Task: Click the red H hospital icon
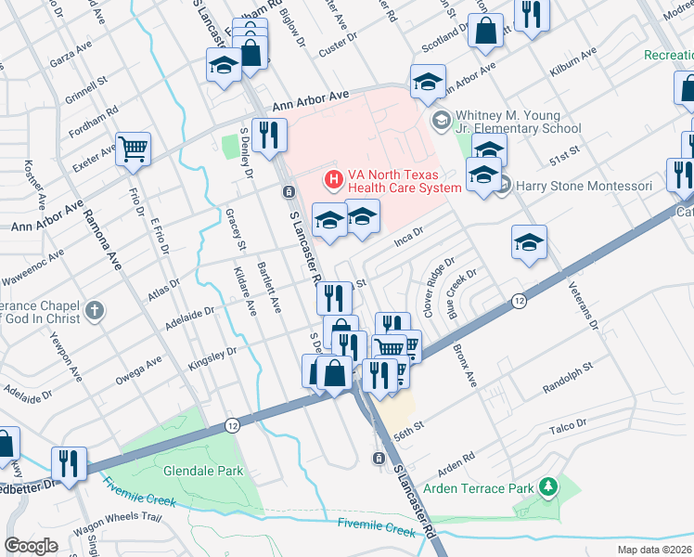pos(330,176)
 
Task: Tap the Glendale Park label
pos(203,471)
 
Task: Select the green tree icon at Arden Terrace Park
pos(549,486)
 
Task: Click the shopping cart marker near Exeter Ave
pos(133,149)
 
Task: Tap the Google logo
pos(31,546)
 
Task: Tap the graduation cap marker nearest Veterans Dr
pos(528,244)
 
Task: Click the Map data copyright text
pos(654,549)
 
